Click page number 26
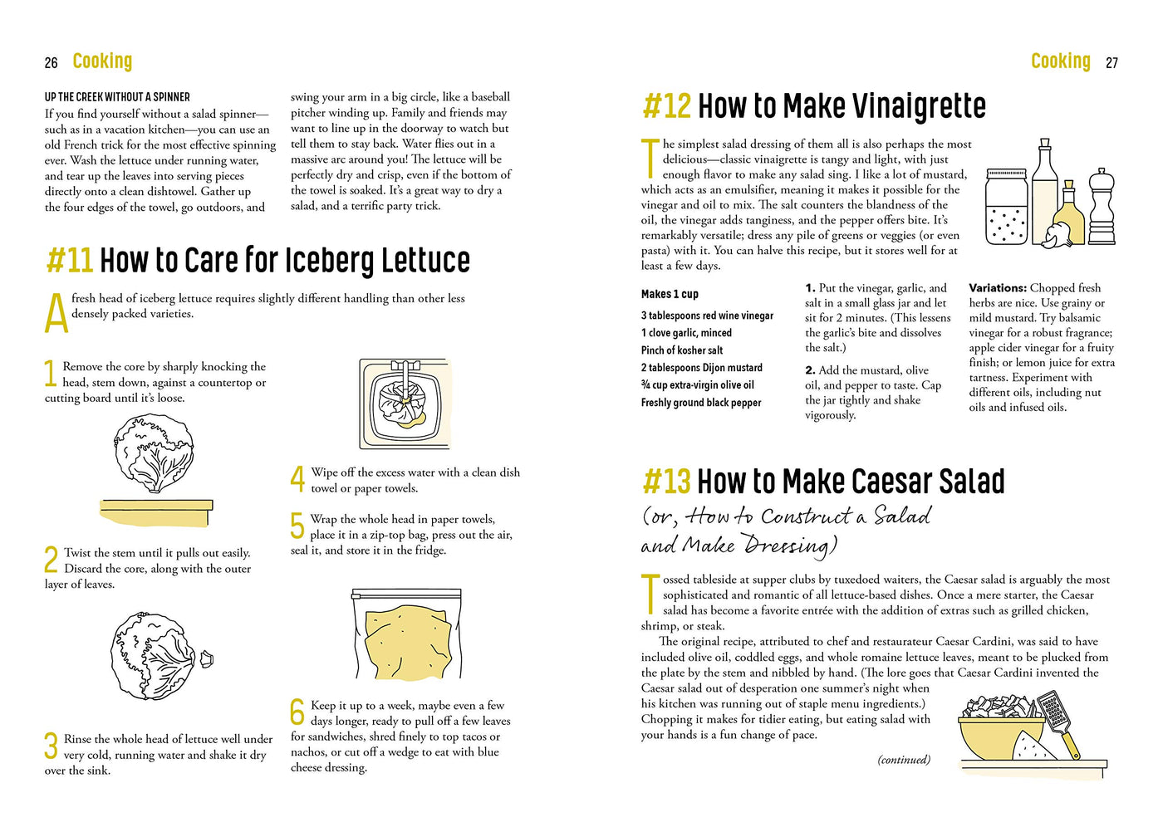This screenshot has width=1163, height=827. tap(51, 63)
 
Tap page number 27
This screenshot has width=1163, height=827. tap(1111, 63)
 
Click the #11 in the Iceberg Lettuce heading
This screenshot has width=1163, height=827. tap(70, 260)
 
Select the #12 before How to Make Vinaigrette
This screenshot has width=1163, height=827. tap(666, 105)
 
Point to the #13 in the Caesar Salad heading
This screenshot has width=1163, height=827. tap(666, 481)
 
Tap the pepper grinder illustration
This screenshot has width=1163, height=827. tap(1102, 207)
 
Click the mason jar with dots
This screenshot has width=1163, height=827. tap(1006, 207)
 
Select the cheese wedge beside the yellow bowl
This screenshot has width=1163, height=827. tap(1033, 746)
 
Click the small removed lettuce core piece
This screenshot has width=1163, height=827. tap(207, 659)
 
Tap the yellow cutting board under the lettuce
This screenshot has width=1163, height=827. tap(156, 512)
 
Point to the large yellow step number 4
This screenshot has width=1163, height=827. tap(297, 478)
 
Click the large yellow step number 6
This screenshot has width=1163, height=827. tap(297, 712)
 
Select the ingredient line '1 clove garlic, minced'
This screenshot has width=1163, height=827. tap(686, 333)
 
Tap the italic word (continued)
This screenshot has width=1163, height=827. tap(904, 760)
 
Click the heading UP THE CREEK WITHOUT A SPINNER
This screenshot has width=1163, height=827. tap(117, 97)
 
